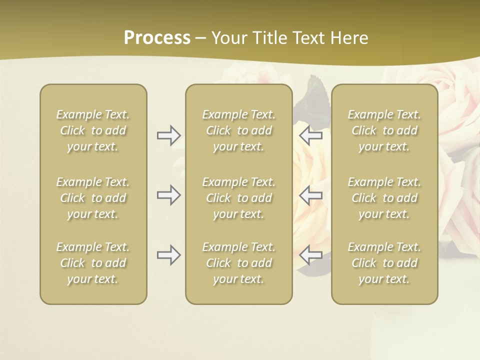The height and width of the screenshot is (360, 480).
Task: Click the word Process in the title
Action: [x=157, y=38]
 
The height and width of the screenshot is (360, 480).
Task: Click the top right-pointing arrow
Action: [x=168, y=135]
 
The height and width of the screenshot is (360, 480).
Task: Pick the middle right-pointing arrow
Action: [x=168, y=195]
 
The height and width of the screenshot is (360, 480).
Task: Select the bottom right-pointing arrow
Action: [x=168, y=255]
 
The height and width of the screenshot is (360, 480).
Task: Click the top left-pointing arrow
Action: [x=310, y=135]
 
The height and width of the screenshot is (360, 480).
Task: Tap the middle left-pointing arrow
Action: [x=310, y=195]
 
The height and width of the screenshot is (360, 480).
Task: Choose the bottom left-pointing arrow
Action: [x=310, y=255]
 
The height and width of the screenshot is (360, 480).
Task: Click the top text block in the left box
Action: [x=93, y=130]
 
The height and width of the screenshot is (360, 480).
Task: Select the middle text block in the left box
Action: [x=93, y=198]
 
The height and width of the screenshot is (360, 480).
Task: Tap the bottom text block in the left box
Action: [x=93, y=263]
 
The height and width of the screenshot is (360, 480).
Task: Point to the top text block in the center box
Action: [x=238, y=130]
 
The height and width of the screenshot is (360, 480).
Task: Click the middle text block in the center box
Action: [x=238, y=198]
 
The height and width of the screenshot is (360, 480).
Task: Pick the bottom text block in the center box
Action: [x=238, y=263]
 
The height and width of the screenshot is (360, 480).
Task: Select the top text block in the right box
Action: [x=384, y=130]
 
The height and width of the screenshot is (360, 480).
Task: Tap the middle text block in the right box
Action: [x=384, y=198]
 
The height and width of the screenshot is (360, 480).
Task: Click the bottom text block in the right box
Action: [x=384, y=263]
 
